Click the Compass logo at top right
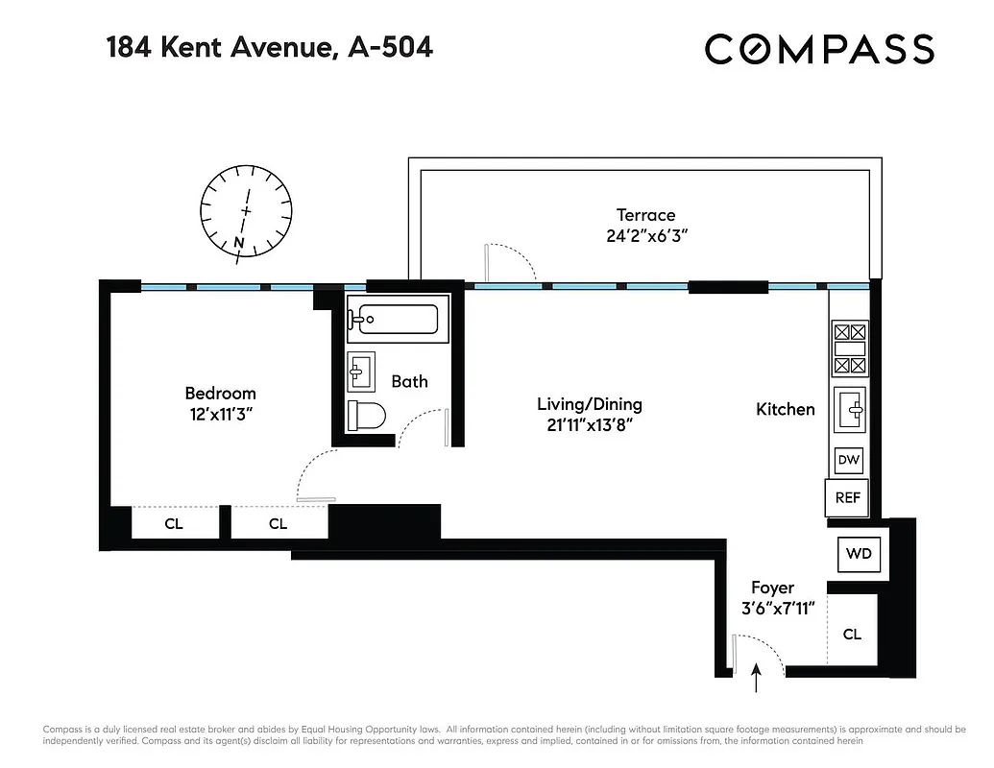point(819,49)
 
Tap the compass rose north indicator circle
point(246,211)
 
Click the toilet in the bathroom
point(366,414)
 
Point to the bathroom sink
point(362,370)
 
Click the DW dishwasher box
point(848,461)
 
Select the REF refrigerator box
point(847,498)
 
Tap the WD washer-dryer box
point(858,553)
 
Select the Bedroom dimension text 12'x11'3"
point(220,414)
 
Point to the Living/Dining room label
point(589,404)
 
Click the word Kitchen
point(786,409)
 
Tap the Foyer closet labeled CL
point(852,635)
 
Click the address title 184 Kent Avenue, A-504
point(269,46)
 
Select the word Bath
point(409,381)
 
